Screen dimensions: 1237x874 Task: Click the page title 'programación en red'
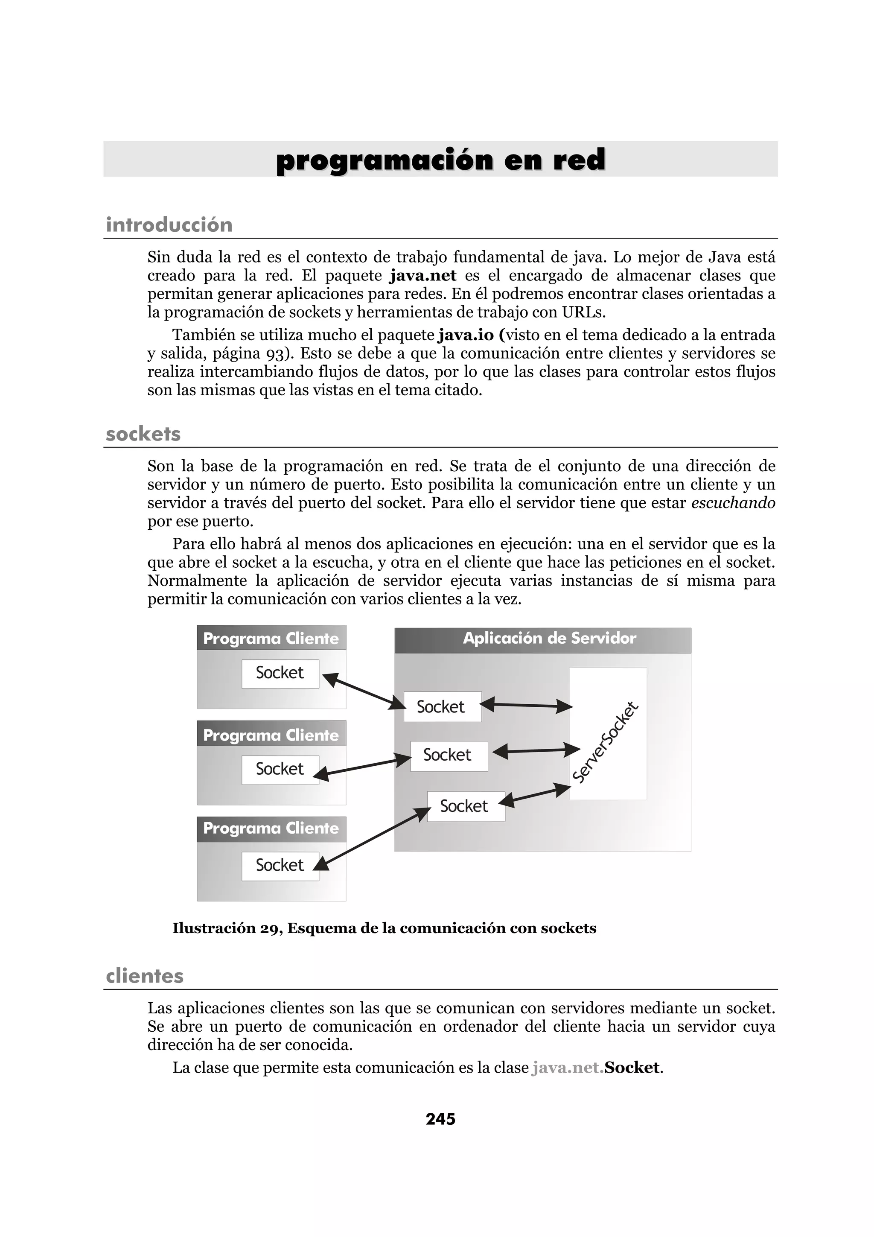tap(440, 160)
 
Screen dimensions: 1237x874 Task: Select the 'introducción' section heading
tap(169, 225)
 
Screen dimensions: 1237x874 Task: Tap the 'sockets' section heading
tap(143, 434)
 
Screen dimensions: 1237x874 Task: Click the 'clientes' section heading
tap(145, 976)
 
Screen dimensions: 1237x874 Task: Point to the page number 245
tap(440, 1119)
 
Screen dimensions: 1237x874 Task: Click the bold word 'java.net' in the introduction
tap(423, 275)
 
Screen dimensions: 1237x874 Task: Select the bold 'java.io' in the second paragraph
tap(466, 335)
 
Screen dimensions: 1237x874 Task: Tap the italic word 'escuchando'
tap(733, 503)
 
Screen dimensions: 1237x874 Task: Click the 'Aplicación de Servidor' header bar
tap(543, 639)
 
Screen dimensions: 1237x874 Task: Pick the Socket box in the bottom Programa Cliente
tap(280, 865)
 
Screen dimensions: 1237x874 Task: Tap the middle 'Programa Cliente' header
tap(271, 735)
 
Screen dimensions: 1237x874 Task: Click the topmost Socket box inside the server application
tap(442, 706)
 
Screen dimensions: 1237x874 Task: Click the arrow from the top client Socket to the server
tap(364, 691)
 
